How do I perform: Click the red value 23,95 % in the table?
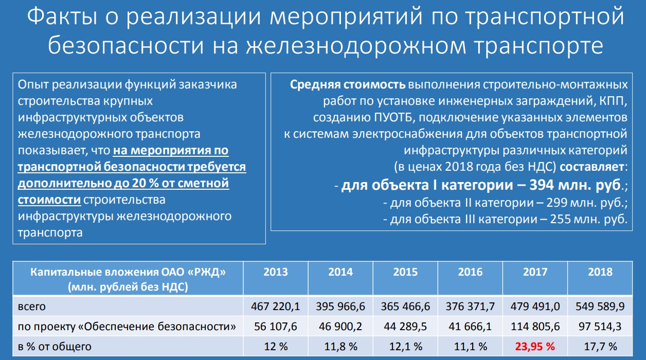535,347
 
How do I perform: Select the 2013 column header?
276,272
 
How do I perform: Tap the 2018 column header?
600,272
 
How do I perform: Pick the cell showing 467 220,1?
275,307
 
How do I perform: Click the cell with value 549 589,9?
600,307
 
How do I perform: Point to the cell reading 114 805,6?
535,327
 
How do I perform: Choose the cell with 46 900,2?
340,327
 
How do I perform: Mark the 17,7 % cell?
600,347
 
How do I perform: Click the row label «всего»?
32,307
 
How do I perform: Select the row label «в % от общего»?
55,347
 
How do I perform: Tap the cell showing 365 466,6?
405,307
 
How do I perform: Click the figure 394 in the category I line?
542,185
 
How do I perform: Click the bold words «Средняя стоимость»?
348,85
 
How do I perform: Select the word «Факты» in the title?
62,16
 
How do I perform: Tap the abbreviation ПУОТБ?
393,118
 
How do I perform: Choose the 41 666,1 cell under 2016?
470,327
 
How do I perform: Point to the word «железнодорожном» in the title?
356,46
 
